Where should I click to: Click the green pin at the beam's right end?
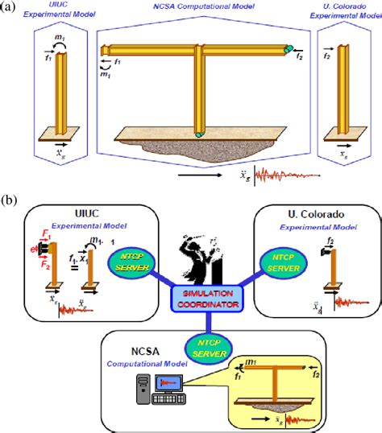click(289, 49)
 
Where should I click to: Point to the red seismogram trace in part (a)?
click(282, 175)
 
